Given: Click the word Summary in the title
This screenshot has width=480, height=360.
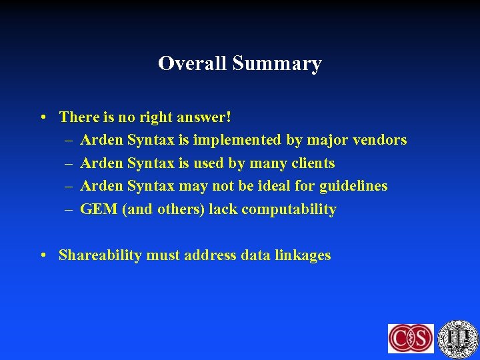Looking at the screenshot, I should point(277,63).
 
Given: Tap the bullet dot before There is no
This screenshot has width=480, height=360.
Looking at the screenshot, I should point(42,118).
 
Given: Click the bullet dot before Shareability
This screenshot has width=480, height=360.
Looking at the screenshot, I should point(42,256).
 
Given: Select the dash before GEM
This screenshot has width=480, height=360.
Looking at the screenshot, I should point(69,209).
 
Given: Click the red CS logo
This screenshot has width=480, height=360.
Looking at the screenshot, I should point(411,338).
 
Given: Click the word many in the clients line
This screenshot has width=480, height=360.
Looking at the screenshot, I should point(268,163).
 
